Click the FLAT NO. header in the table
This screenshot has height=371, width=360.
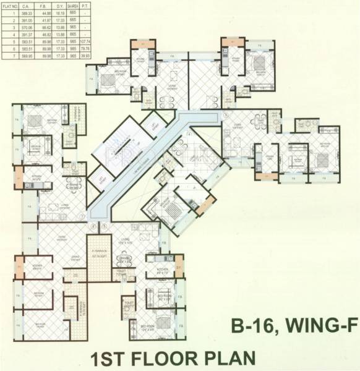tap(9, 5)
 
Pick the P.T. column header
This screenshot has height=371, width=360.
tap(85, 5)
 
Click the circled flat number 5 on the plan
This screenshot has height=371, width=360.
tap(105, 227)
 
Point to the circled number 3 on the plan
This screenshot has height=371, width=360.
tap(226, 115)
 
